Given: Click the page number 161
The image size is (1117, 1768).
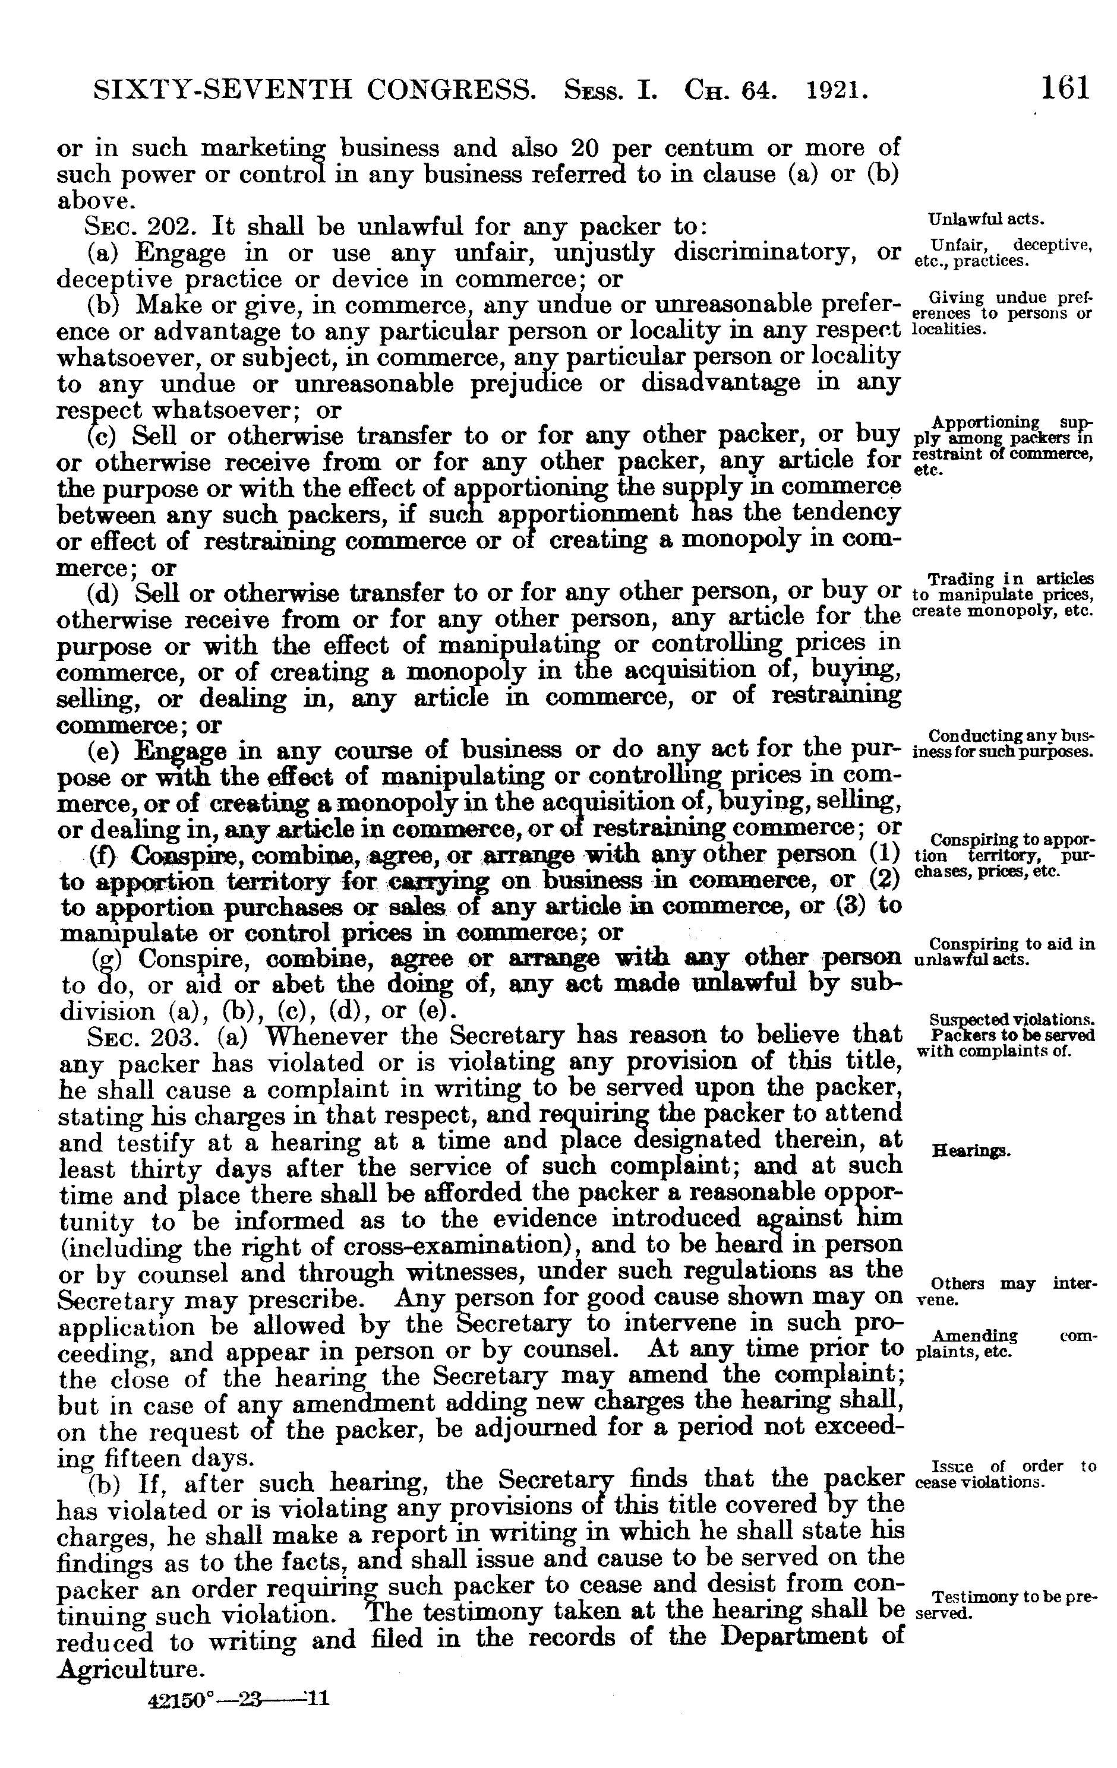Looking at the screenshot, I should click(x=1064, y=88).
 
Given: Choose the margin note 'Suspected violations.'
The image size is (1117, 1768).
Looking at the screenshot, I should click(x=1012, y=1019).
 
